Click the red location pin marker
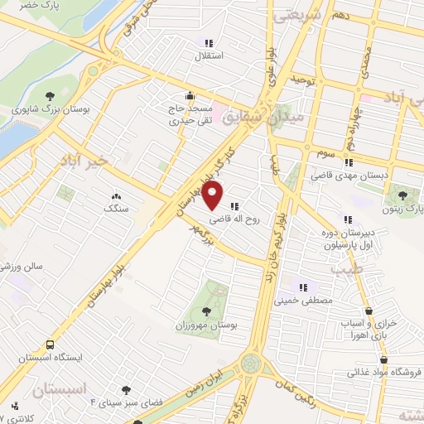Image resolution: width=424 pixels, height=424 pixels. (x=214, y=196)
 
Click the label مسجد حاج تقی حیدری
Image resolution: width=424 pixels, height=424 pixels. (x=192, y=114)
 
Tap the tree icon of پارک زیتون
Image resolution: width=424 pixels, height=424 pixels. (x=402, y=195)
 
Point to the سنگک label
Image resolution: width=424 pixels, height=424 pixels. (x=115, y=209)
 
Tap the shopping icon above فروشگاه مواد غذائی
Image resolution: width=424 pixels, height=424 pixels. (x=383, y=359)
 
